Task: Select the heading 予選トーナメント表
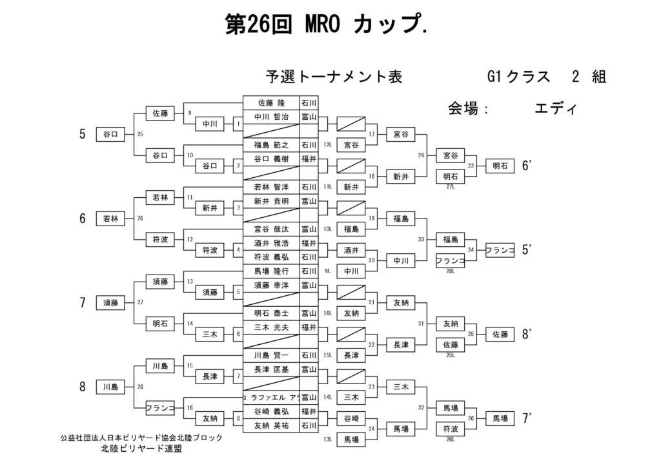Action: (x=334, y=77)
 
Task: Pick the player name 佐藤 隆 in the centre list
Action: (x=271, y=103)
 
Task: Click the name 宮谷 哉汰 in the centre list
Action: (x=271, y=229)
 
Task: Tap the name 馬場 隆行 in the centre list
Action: (x=271, y=271)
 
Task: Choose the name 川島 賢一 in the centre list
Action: (x=271, y=355)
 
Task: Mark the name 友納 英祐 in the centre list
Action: (x=271, y=425)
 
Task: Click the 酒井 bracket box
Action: (x=351, y=249)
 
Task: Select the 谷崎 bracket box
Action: (x=351, y=418)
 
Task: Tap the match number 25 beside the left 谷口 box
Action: (x=140, y=134)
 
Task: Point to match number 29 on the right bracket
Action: (x=421, y=155)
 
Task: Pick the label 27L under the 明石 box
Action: (x=451, y=187)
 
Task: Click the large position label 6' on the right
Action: (x=526, y=166)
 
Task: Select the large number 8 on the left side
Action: (x=83, y=387)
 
